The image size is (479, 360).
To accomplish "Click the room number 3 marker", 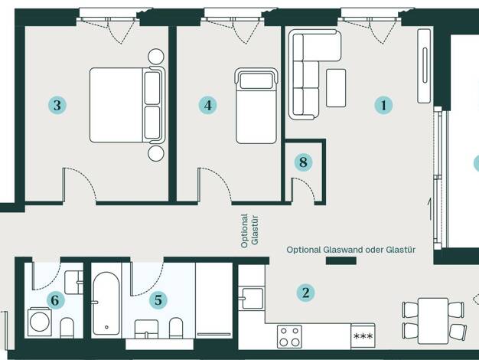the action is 57,105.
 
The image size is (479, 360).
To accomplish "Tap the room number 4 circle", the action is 207,105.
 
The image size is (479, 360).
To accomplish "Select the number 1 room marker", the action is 383,105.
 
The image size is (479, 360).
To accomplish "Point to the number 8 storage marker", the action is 303,162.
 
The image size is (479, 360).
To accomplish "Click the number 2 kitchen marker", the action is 305,293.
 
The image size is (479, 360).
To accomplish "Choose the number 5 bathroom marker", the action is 158,299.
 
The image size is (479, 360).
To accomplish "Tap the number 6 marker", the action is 55,299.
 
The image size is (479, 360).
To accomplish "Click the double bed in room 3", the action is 127,105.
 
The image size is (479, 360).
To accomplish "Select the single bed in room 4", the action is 256,106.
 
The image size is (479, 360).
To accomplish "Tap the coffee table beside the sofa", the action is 336,88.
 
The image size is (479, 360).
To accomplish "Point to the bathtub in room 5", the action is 106,303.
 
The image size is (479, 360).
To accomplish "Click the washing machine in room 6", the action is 40,322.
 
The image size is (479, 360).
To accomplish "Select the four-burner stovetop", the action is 289,336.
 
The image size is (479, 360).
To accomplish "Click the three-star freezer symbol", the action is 363,335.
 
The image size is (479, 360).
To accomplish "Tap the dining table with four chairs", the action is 434,321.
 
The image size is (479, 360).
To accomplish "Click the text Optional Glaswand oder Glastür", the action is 351,250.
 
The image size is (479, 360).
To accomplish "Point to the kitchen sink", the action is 251,298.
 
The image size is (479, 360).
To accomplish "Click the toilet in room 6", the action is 67,328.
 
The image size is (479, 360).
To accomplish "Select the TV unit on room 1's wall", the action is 425,65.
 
